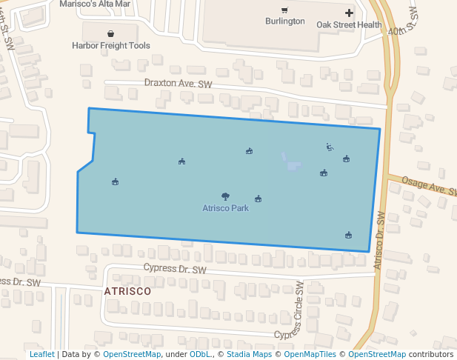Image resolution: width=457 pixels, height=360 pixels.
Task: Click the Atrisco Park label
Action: tap(225, 208)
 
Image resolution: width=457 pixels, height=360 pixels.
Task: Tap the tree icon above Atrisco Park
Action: tap(225, 197)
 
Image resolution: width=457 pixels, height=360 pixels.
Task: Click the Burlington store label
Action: tap(284, 21)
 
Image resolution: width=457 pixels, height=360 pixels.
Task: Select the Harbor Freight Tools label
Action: tap(111, 45)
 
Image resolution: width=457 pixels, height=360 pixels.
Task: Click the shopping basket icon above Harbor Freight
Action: tap(110, 33)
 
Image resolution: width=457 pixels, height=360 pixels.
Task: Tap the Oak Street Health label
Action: tap(349, 24)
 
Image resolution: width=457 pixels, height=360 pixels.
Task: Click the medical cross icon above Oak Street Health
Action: tap(349, 13)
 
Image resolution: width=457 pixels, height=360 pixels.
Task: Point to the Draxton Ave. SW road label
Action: tap(178, 84)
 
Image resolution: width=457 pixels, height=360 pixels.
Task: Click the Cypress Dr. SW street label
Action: tap(174, 270)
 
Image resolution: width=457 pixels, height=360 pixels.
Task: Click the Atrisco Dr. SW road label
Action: tap(378, 241)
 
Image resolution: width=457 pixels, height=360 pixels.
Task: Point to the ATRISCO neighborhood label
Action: tap(127, 291)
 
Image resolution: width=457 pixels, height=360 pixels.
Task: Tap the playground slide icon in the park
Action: tap(330, 147)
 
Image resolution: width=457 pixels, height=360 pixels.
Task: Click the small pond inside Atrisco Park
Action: tap(292, 162)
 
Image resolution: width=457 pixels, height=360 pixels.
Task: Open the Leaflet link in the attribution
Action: tap(41, 354)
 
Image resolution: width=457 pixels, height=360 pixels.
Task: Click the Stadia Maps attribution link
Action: tap(249, 354)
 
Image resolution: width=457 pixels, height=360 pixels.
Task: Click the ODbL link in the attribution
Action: tap(200, 354)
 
